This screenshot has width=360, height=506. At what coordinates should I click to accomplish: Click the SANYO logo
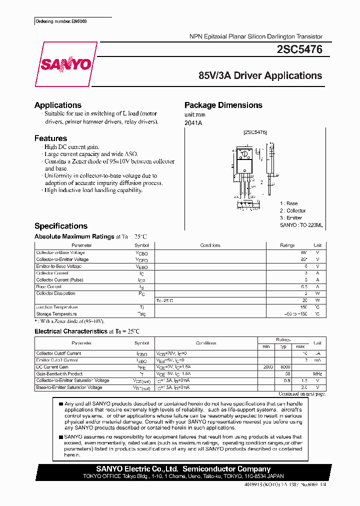pyautogui.click(x=65, y=64)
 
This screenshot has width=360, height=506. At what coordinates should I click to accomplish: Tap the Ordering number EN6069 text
pyautogui.click(x=54, y=22)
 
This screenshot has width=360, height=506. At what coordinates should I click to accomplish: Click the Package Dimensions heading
pyautogui.click(x=223, y=105)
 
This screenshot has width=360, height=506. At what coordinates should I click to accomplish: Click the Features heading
pyautogui.click(x=50, y=138)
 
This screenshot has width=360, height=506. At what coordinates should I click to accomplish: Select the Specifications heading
pyautogui.click(x=60, y=226)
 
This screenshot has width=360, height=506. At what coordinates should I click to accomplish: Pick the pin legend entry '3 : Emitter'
pyautogui.click(x=291, y=218)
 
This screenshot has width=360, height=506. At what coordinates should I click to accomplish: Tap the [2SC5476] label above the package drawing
pyautogui.click(x=254, y=132)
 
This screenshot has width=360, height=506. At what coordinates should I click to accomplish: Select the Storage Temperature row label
pyautogui.click(x=56, y=313)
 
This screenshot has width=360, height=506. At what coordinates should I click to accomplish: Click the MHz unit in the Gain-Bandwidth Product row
pyautogui.click(x=317, y=373)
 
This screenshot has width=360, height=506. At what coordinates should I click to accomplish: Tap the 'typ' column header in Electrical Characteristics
pyautogui.click(x=283, y=346)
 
